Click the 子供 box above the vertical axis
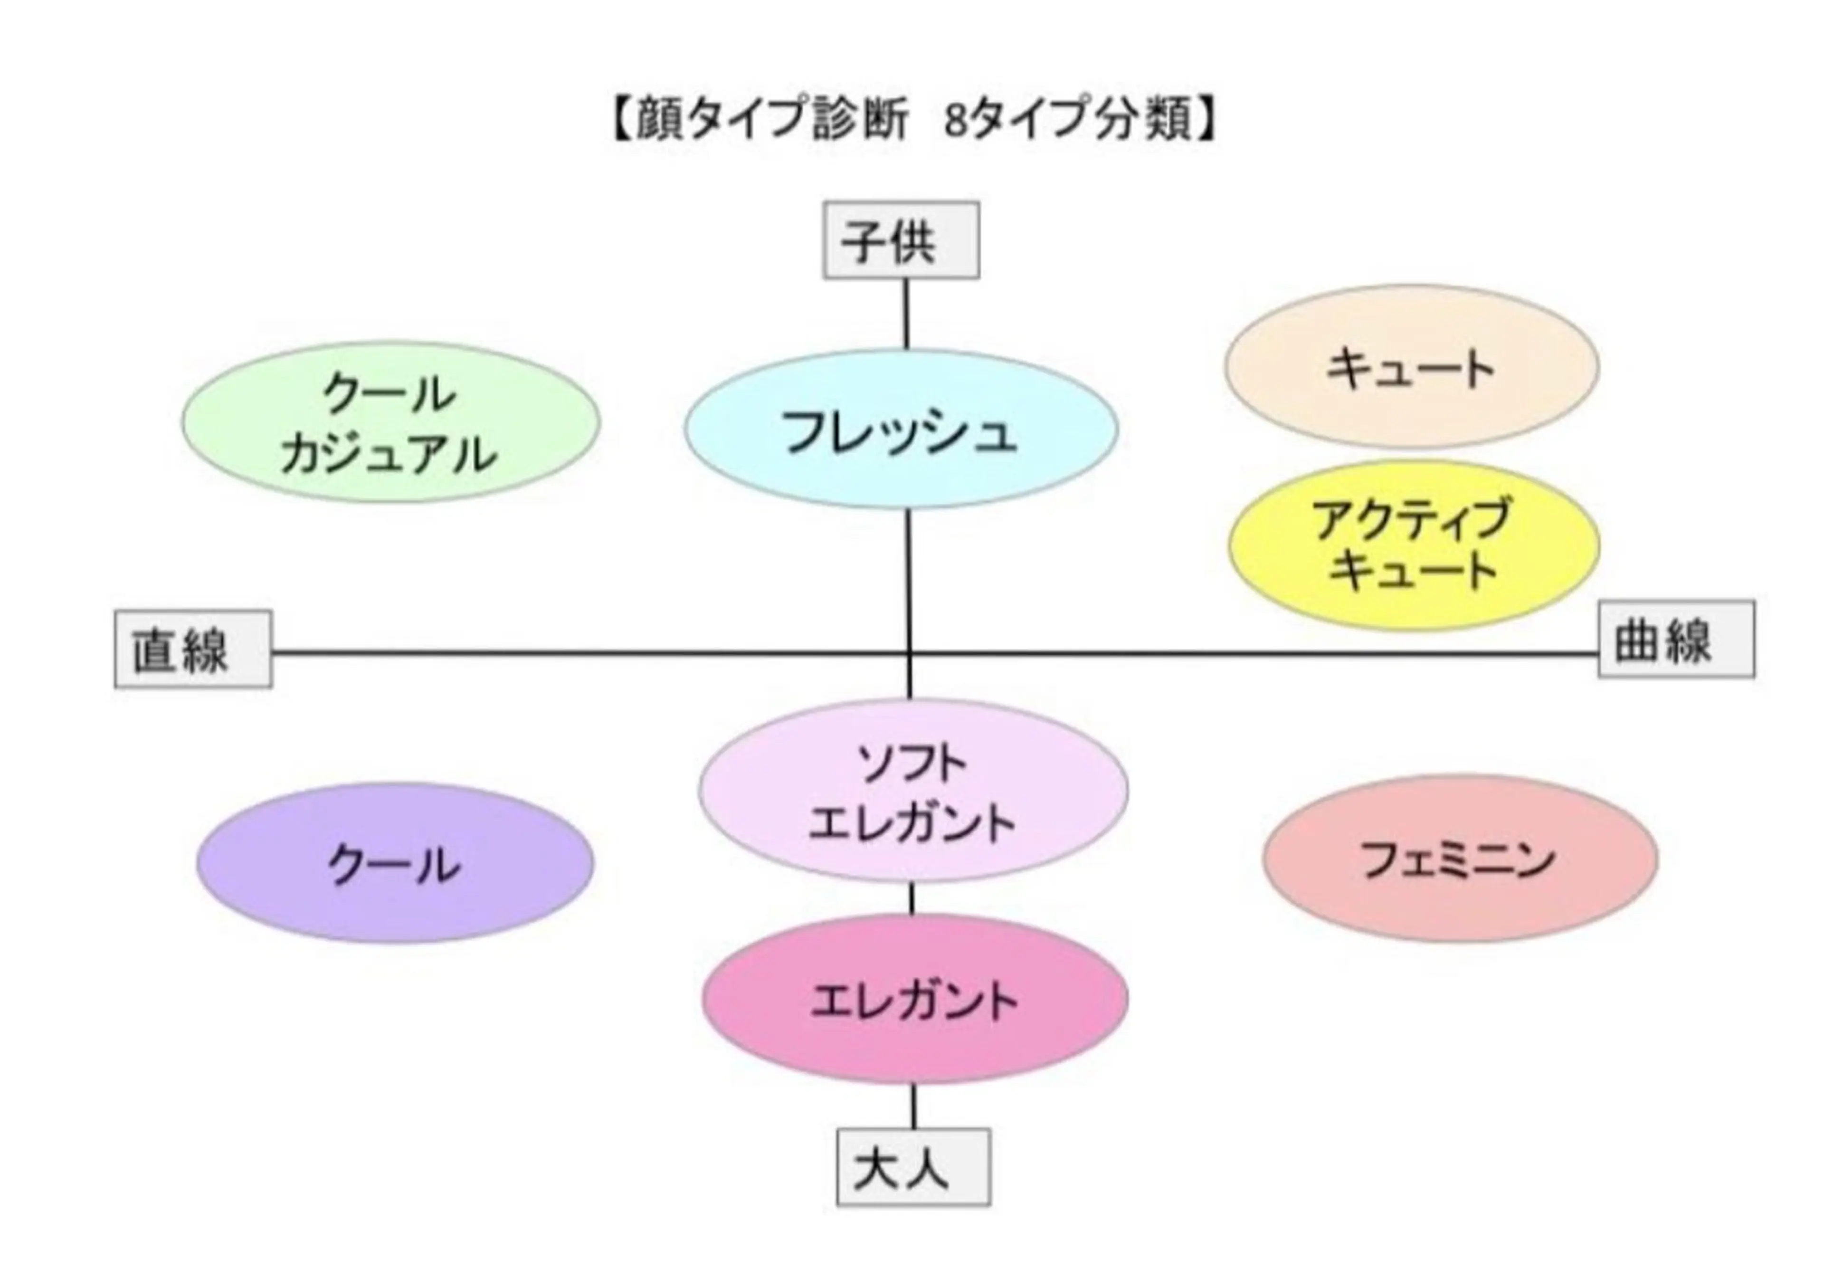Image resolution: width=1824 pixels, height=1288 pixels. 901,240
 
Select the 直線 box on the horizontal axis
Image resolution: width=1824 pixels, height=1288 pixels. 193,649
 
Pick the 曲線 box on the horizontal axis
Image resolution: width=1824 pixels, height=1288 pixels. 1676,639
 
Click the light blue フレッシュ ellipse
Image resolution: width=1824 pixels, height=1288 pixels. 901,429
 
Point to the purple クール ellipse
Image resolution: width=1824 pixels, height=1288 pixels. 395,864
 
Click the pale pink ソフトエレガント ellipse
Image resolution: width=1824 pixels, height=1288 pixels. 913,791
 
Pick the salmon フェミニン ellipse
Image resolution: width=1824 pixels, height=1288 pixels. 1460,858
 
